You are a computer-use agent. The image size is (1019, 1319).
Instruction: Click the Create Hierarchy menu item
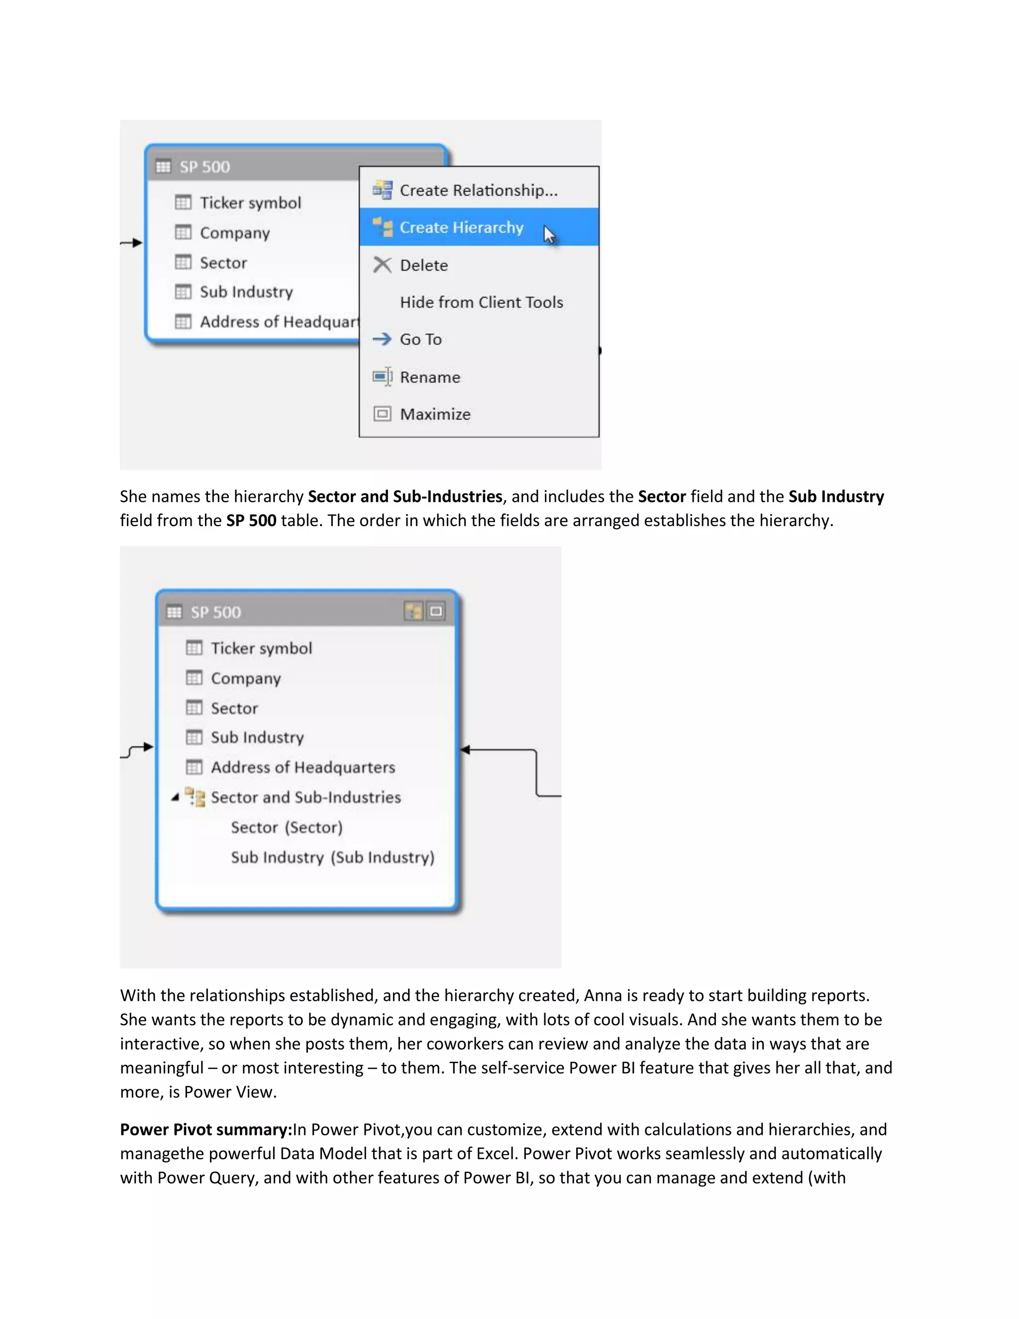point(461,227)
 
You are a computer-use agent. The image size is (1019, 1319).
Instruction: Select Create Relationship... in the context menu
point(478,190)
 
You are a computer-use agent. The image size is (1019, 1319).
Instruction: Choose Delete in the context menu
point(424,265)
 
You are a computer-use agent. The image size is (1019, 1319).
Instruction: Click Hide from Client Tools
point(481,302)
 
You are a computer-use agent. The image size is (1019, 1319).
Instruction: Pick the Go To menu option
point(421,339)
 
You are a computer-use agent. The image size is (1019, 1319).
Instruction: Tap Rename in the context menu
point(430,377)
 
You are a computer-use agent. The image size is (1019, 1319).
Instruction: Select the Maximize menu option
point(435,414)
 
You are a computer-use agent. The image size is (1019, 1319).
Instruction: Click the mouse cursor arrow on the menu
point(549,234)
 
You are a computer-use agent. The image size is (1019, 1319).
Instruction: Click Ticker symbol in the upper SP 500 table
point(250,203)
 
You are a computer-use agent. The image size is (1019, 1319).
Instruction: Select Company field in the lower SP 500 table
point(246,678)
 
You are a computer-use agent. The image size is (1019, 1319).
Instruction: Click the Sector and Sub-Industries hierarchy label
point(306,797)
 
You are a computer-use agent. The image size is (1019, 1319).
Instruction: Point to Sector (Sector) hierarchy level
point(286,827)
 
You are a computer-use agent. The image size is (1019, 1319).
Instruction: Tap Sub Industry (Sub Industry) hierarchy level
point(332,857)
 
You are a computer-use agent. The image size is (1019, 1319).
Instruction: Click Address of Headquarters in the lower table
point(303,768)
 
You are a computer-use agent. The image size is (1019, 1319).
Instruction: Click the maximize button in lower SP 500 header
point(436,612)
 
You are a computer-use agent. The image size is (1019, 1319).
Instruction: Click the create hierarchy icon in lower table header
point(413,612)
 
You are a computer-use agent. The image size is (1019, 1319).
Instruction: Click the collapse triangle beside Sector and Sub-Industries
point(175,798)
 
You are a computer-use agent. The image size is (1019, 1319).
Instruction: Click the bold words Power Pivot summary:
point(206,1129)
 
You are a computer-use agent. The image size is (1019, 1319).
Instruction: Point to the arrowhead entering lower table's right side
point(464,750)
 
